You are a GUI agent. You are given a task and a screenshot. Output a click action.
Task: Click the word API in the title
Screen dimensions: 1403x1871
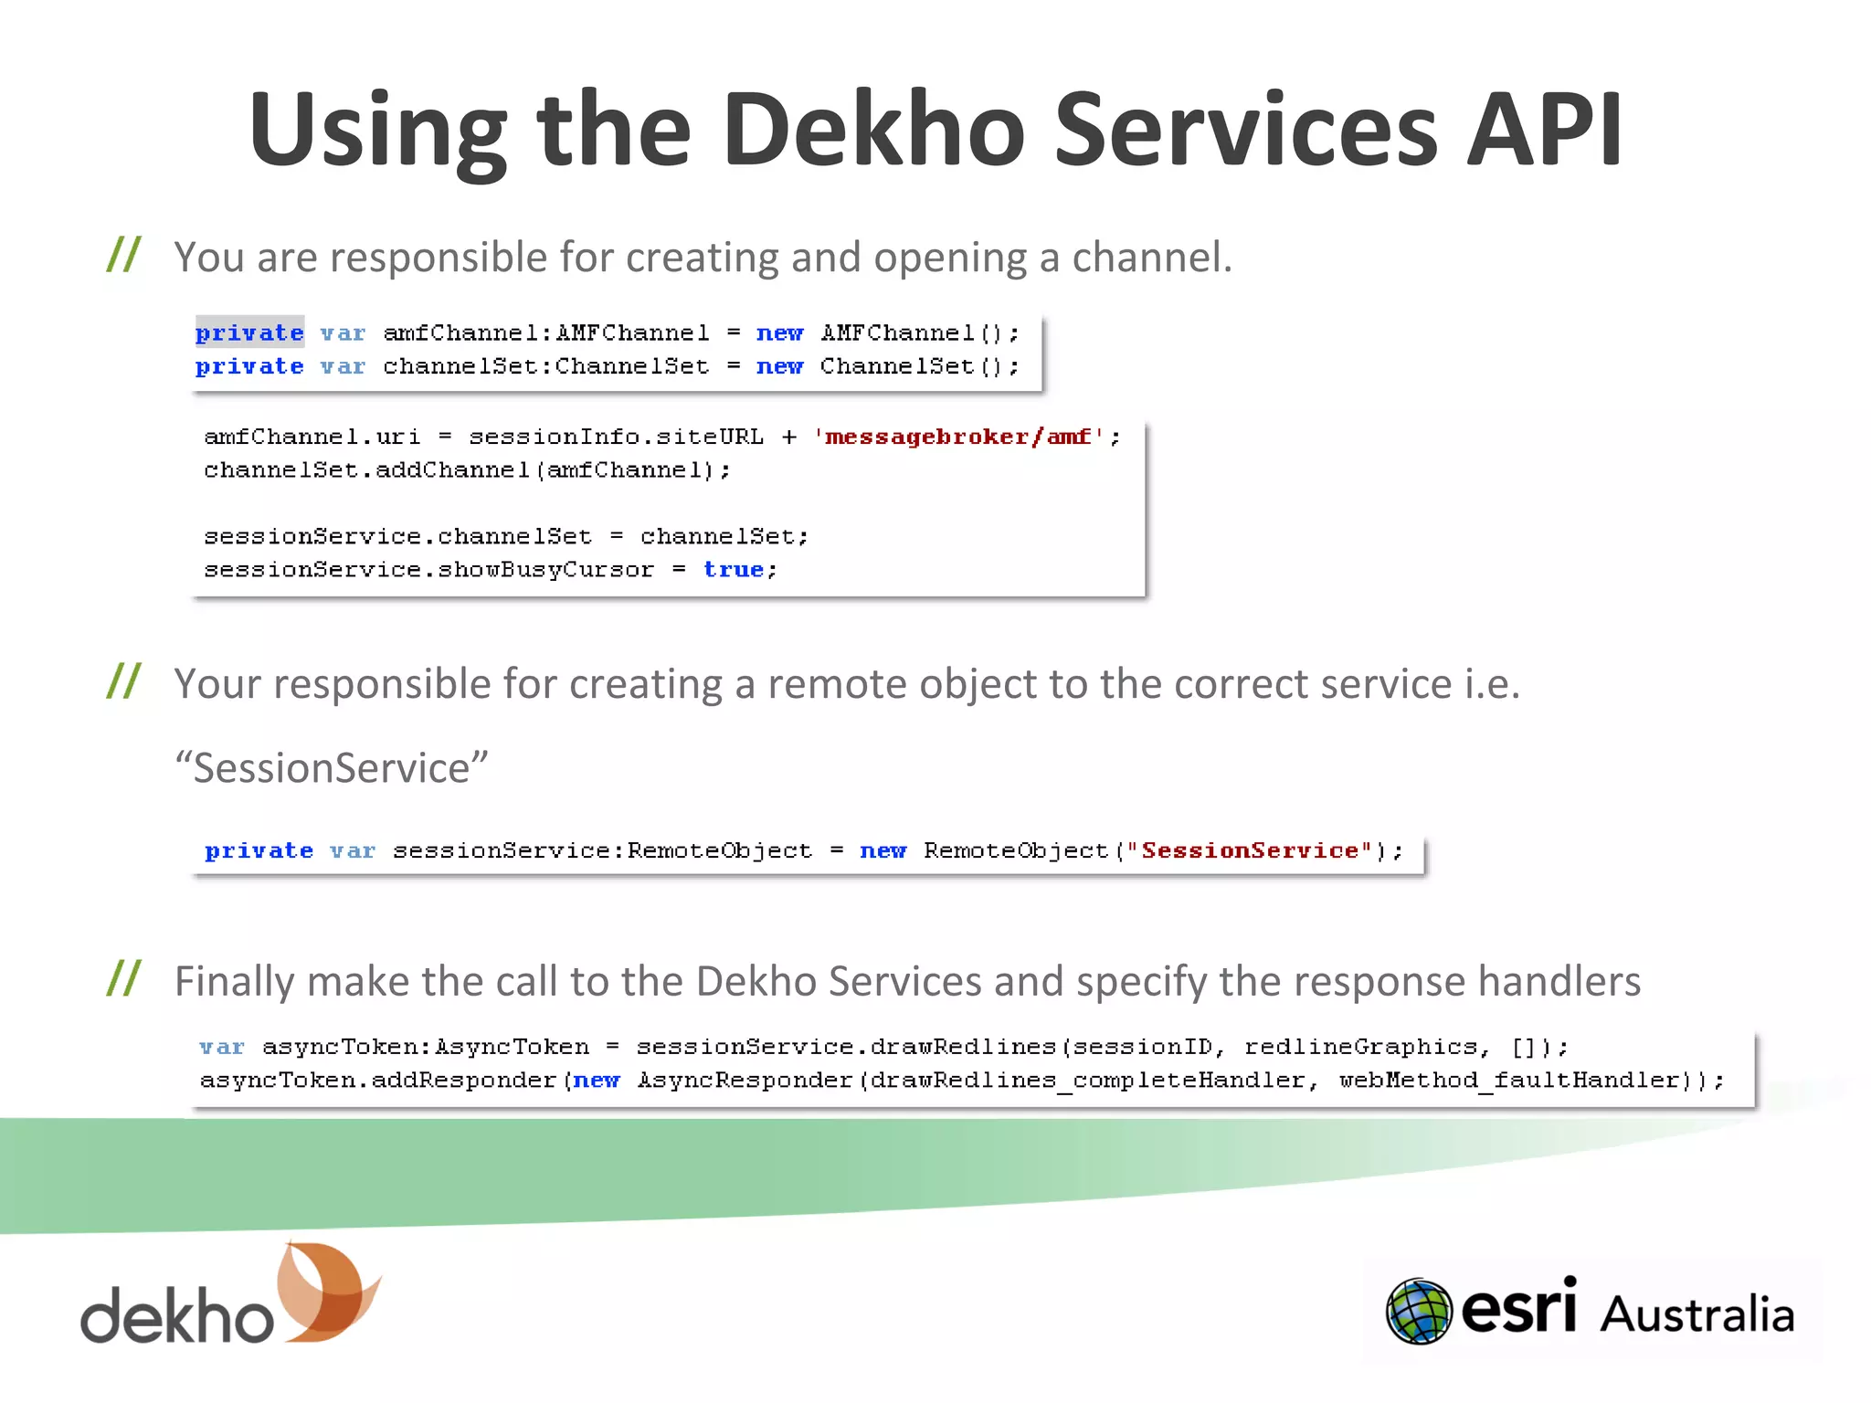coord(1544,131)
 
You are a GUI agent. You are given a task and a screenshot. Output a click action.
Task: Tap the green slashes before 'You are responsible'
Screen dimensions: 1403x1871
coord(123,255)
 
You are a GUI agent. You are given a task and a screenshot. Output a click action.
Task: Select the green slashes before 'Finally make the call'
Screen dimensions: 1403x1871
coord(123,978)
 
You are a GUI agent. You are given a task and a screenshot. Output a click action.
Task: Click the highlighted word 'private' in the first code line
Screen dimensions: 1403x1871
coord(249,332)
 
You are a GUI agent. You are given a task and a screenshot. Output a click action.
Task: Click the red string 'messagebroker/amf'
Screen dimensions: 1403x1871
coord(958,437)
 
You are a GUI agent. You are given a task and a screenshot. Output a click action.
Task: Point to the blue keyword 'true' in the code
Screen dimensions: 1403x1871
coord(734,569)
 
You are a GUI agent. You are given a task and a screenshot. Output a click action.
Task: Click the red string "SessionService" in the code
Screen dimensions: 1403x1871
coord(1250,850)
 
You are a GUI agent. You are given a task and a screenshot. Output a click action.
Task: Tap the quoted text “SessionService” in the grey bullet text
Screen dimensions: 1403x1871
coord(332,767)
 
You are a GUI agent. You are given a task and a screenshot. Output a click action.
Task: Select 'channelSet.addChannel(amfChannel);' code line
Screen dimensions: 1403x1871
coord(467,469)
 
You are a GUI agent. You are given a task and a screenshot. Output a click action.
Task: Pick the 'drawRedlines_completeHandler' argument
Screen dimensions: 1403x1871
coord(1087,1080)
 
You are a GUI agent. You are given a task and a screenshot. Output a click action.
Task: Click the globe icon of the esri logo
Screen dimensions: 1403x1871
coord(1418,1312)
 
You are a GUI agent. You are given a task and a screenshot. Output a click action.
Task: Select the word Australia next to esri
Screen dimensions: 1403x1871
coord(1697,1315)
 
